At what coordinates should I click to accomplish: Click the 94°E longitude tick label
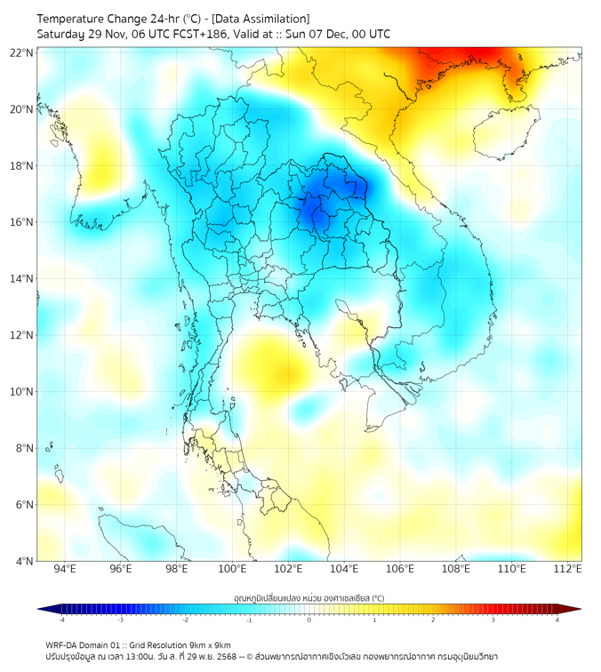[x=65, y=569]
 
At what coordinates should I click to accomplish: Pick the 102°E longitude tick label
[x=289, y=569]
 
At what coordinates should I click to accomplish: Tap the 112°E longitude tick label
[x=568, y=569]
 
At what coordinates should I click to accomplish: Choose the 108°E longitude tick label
[x=456, y=569]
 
